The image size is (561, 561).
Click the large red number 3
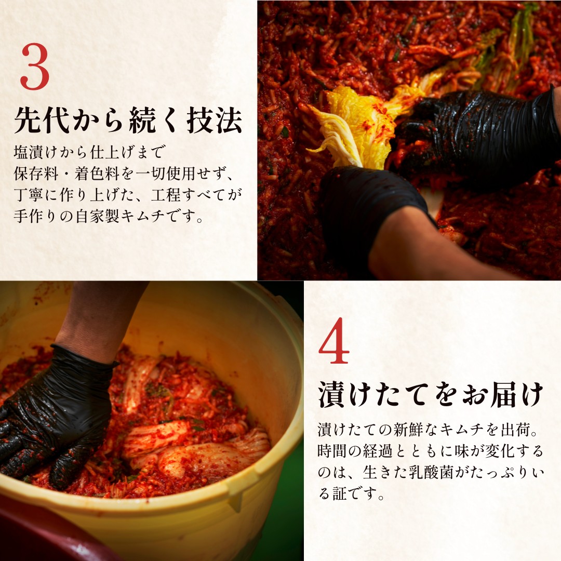click(35, 68)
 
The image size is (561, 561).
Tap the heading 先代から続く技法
click(128, 121)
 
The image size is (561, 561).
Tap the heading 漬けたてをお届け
click(431, 395)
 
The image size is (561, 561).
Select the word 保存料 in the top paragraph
click(37, 174)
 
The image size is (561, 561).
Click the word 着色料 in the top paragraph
click(95, 174)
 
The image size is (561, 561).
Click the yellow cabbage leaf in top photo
click(353, 125)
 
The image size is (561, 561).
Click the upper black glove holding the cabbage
click(478, 135)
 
